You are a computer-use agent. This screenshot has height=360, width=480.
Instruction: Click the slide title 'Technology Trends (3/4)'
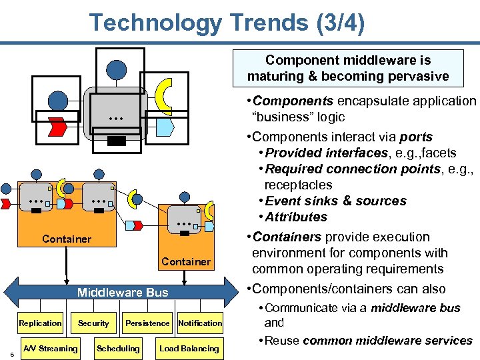[227, 23]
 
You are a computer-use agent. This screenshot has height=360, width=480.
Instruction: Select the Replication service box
[40, 323]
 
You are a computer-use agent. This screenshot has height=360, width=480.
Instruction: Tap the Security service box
[93, 323]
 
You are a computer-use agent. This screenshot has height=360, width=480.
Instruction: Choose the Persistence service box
[147, 323]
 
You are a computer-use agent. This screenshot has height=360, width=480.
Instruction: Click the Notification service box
[200, 323]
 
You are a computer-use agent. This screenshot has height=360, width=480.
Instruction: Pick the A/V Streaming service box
[51, 348]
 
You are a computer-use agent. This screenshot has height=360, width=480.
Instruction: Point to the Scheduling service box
[118, 348]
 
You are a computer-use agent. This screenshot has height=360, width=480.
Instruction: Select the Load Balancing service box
[189, 348]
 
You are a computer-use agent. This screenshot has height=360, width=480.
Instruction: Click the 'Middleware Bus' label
[123, 292]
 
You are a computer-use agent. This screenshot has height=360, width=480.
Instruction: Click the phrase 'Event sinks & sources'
[335, 201]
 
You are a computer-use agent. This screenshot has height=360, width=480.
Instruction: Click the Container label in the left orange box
[67, 239]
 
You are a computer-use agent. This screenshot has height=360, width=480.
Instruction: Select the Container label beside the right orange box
[186, 262]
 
